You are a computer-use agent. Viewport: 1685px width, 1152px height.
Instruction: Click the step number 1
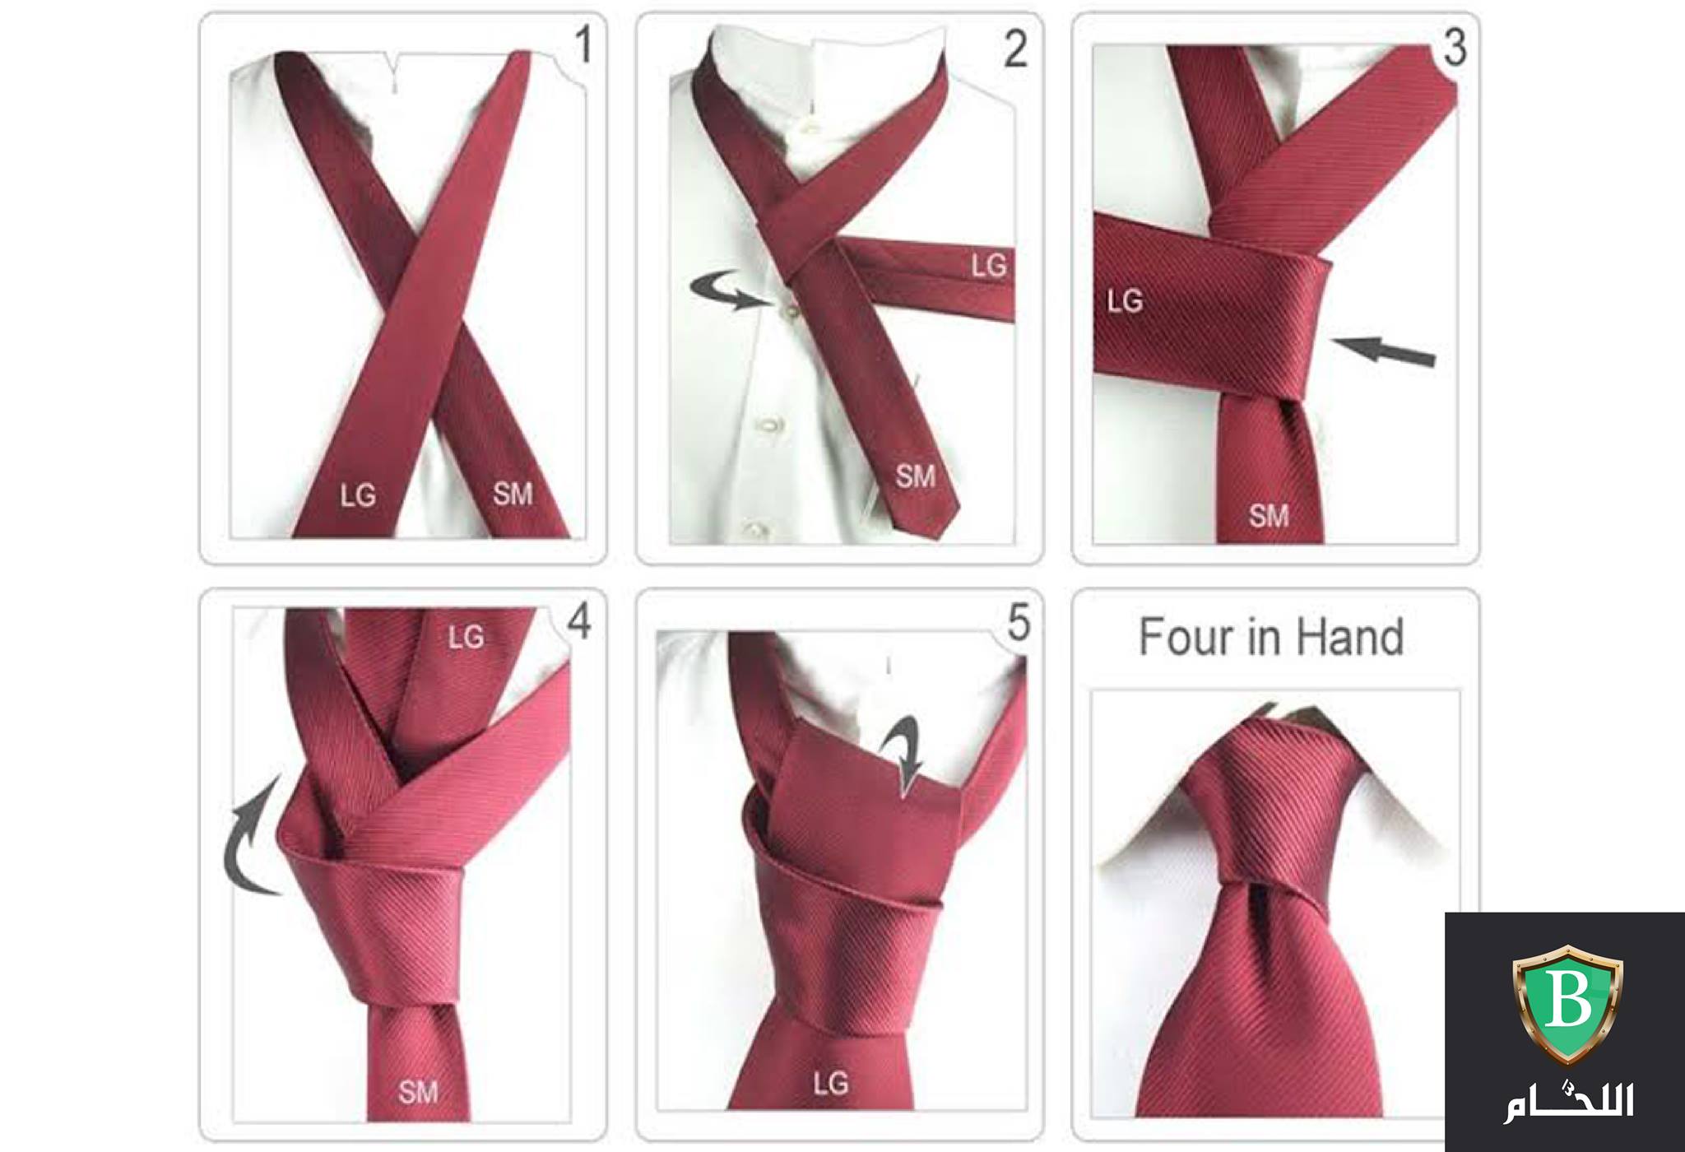coord(583,44)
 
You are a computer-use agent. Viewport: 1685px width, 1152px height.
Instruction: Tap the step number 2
coord(1016,49)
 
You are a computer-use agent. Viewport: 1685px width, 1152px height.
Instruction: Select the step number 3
coord(1455,49)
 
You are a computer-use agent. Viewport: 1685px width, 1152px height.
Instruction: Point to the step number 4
coord(579,621)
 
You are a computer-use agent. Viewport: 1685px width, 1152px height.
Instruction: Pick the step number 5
coord(1019,623)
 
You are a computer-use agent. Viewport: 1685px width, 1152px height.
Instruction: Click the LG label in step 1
coord(359,495)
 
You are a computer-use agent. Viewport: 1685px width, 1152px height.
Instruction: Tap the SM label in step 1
coord(513,494)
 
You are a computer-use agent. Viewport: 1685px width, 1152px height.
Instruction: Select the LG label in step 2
coord(989,266)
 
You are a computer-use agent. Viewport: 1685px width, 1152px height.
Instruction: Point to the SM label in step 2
coord(916,476)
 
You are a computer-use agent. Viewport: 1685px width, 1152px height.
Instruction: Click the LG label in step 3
coord(1126,301)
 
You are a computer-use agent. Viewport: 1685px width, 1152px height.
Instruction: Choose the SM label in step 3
coord(1269,516)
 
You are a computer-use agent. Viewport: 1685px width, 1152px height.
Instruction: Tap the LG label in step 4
coord(467,636)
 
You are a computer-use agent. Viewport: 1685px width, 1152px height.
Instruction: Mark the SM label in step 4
coord(418,1092)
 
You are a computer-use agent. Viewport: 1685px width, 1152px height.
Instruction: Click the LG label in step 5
coord(831,1084)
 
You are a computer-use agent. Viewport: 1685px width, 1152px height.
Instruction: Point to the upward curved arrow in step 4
coord(239,848)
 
